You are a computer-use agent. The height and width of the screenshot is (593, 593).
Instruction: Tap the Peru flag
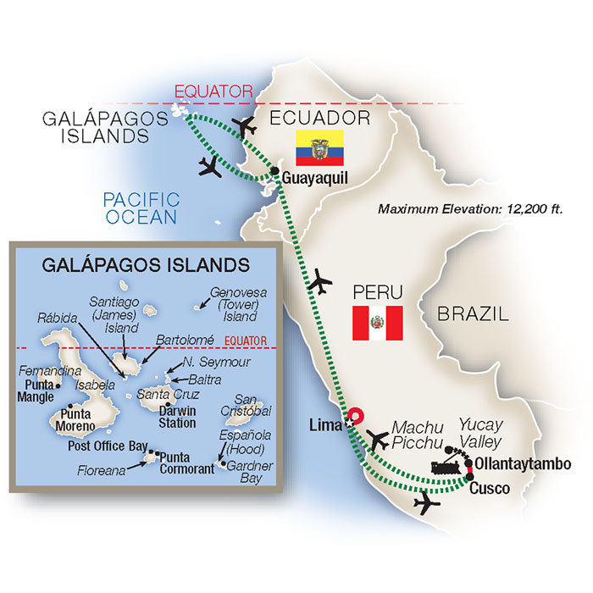point(377,323)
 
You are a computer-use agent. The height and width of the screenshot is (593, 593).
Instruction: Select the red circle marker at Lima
point(357,416)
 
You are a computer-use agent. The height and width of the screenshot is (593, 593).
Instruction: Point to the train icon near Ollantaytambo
point(450,466)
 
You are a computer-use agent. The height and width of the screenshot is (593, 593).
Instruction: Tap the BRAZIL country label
point(474,314)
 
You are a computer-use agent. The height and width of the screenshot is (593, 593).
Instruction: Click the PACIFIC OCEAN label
point(141,208)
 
